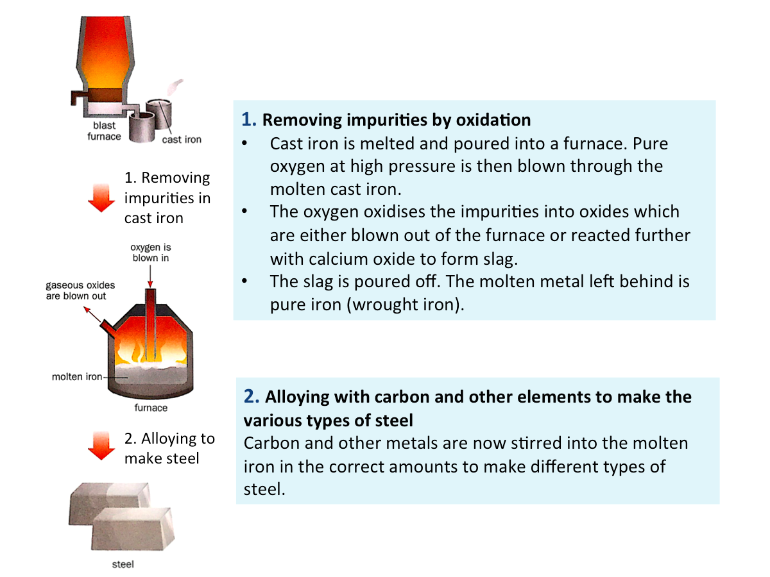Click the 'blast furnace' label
(x=104, y=131)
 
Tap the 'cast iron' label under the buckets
(x=182, y=139)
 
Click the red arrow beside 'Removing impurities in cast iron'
(x=101, y=197)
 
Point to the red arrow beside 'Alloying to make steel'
(x=101, y=446)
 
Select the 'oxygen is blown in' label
(x=151, y=252)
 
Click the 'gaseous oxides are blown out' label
(x=80, y=290)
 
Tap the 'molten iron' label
(x=77, y=376)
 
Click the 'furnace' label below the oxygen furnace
(x=151, y=408)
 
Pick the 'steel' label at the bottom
(x=123, y=564)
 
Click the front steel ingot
(x=133, y=529)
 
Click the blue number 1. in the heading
(x=249, y=119)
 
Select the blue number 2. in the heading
(x=252, y=397)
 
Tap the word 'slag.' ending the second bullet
(x=501, y=259)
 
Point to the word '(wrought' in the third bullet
(x=382, y=304)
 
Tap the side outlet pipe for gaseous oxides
(x=108, y=329)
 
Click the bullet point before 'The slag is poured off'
(x=245, y=281)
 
